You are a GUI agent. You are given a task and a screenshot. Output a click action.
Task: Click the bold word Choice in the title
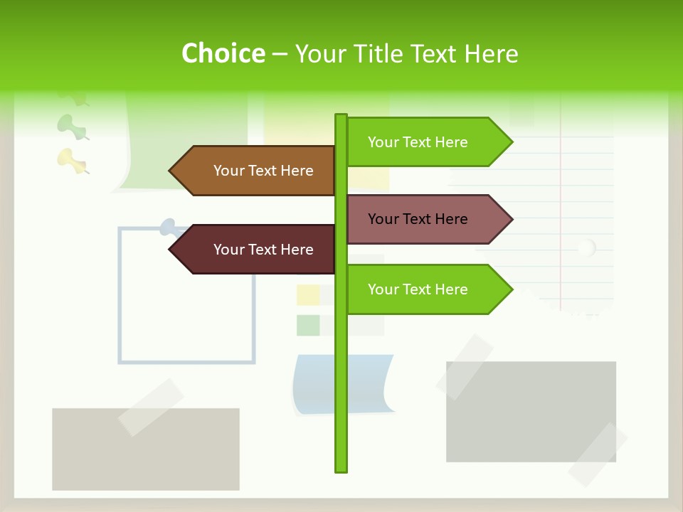pos(223,53)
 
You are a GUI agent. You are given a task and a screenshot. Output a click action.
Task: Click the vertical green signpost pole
pos(341,384)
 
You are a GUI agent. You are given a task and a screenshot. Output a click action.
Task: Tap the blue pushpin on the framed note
pos(169,227)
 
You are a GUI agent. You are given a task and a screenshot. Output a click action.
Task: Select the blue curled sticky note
pos(341,384)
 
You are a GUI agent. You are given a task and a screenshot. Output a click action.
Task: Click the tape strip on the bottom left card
pos(151,407)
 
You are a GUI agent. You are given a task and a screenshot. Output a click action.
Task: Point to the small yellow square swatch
pos(307,294)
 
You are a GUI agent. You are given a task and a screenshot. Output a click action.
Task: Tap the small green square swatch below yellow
pos(307,325)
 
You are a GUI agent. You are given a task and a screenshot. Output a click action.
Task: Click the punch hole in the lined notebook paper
pos(586,248)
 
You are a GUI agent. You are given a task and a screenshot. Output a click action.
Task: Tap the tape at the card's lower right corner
pos(597,454)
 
